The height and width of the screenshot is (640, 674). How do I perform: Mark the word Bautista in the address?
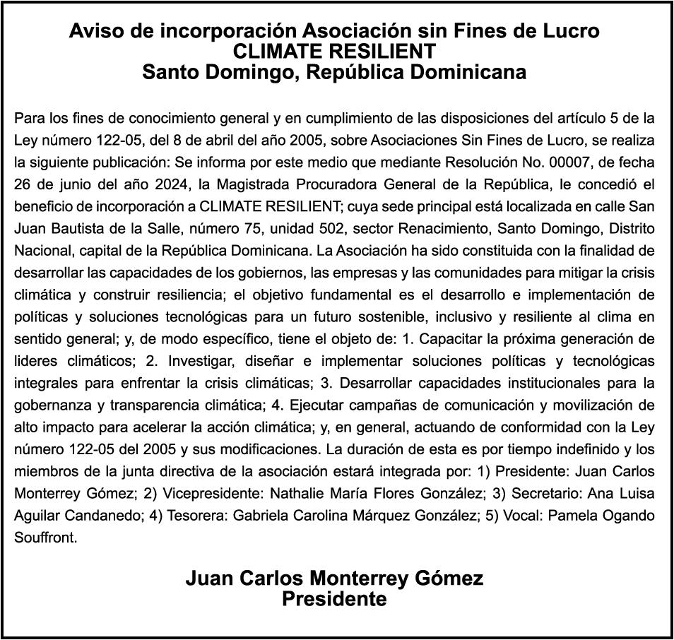(x=74, y=229)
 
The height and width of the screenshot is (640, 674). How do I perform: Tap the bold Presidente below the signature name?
(x=334, y=600)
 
